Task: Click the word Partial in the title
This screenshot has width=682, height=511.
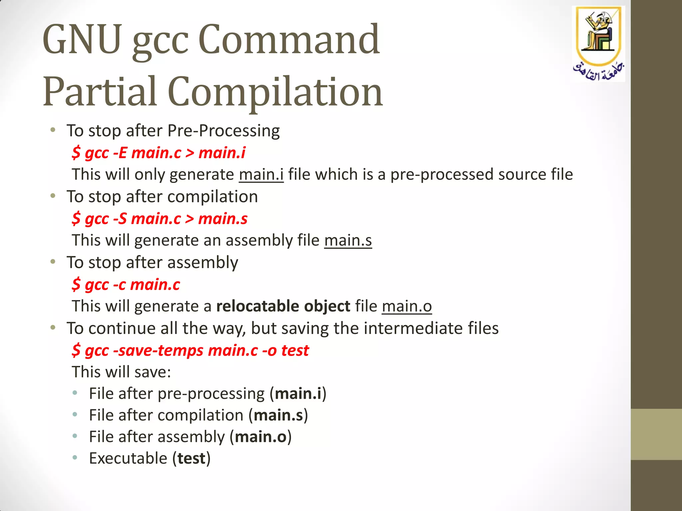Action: [x=100, y=92]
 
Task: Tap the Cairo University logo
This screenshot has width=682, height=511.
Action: [x=598, y=43]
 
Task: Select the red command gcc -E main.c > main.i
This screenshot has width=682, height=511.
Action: [x=159, y=153]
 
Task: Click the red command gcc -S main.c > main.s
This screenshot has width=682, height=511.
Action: [x=160, y=219]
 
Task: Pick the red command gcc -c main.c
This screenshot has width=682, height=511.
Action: [x=126, y=285]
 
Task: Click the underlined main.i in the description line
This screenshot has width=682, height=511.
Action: [x=261, y=175]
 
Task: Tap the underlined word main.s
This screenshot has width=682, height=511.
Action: [x=348, y=241]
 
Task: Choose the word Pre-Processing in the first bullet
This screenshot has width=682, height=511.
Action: [x=223, y=131]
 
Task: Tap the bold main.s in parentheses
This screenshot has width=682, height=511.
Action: [x=278, y=416]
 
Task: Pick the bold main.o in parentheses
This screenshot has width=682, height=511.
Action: [x=260, y=437]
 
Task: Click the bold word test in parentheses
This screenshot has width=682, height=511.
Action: [x=191, y=459]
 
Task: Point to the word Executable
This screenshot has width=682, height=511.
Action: [x=128, y=459]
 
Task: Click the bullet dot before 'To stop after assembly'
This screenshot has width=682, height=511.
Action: [x=53, y=262]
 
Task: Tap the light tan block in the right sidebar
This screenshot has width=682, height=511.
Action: [x=656, y=434]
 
